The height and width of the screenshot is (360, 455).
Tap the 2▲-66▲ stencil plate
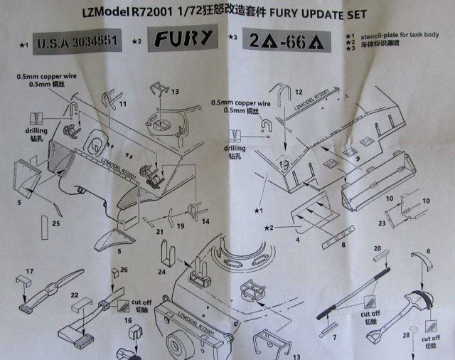287,41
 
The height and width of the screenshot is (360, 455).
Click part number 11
123,104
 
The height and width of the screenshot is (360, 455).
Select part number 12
299,92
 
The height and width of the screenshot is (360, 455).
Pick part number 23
382,223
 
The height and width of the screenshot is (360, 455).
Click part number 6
429,253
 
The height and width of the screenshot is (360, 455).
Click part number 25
56,225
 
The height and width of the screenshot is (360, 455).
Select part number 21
160,231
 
